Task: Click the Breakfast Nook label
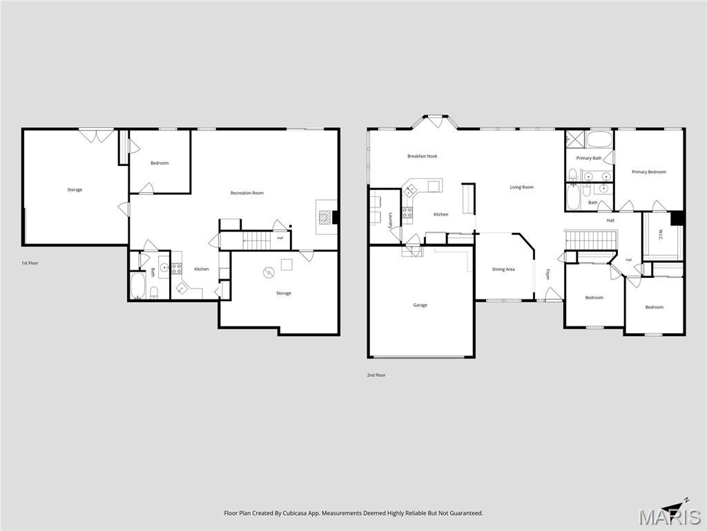pyautogui.click(x=422, y=156)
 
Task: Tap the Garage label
pyautogui.click(x=420, y=305)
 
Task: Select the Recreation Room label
pyautogui.click(x=246, y=193)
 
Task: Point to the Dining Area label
pyautogui.click(x=503, y=270)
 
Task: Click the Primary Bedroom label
pyautogui.click(x=648, y=172)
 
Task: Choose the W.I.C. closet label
pyautogui.click(x=660, y=235)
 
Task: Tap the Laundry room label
pyautogui.click(x=391, y=219)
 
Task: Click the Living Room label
pyautogui.click(x=522, y=187)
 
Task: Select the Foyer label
pyautogui.click(x=548, y=274)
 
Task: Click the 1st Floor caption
pyautogui.click(x=30, y=263)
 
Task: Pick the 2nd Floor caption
pyautogui.click(x=376, y=375)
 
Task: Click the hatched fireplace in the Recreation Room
pyautogui.click(x=325, y=218)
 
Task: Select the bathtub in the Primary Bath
pyautogui.click(x=599, y=140)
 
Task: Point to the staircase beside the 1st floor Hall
pyautogui.click(x=257, y=240)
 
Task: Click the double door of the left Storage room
pyautogui.click(x=96, y=136)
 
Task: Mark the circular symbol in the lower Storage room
pyautogui.click(x=269, y=272)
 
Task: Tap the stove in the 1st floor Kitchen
pyautogui.click(x=176, y=269)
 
